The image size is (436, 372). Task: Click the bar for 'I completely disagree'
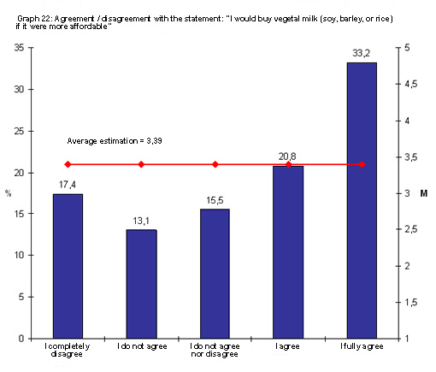coord(68,266)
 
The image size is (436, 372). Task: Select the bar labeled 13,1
coord(141,284)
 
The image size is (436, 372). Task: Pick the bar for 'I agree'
coord(288,252)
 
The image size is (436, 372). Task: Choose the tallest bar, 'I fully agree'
coord(362,200)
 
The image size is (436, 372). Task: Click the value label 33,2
coord(362,53)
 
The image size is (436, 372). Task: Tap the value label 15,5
coord(215,200)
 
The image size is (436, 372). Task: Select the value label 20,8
coord(288,156)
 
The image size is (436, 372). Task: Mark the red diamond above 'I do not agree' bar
coord(141,164)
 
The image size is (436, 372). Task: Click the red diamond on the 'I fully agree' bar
coord(362,164)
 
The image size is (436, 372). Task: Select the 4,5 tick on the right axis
coord(410,84)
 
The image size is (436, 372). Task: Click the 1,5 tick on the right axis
coord(410,303)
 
